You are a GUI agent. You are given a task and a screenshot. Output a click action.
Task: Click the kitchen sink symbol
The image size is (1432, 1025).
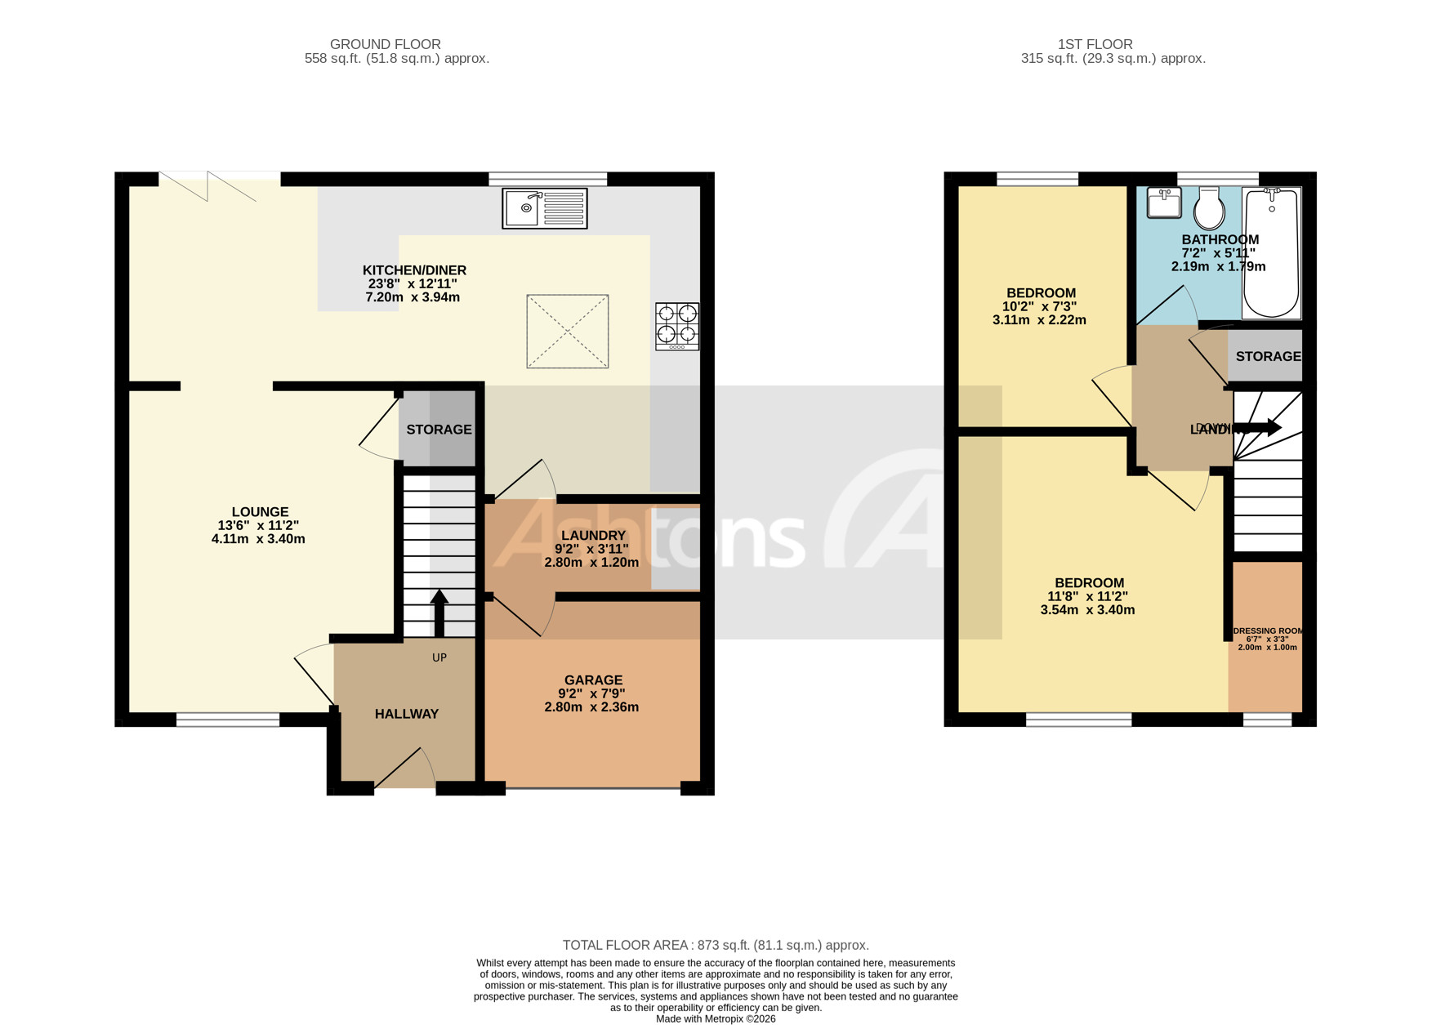click(x=544, y=208)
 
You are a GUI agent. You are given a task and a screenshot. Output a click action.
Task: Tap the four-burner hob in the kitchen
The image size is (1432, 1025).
click(x=677, y=327)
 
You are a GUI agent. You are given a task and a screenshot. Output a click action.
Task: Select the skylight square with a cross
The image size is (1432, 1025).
click(x=567, y=331)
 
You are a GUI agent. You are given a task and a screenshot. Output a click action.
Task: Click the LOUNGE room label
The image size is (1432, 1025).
click(x=260, y=512)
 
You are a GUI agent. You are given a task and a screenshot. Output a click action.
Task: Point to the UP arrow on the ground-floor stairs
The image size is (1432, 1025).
click(x=439, y=613)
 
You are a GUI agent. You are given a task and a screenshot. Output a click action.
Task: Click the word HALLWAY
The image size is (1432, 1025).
click(x=407, y=714)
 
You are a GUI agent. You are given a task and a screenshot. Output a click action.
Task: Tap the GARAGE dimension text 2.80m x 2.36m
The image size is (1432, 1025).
click(x=591, y=707)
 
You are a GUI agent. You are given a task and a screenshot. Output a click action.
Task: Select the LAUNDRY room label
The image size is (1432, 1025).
click(x=593, y=536)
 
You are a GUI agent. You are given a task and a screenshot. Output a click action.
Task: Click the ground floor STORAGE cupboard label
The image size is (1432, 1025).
click(x=439, y=430)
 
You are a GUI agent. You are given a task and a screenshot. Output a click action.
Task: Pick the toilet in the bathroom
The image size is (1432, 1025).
click(x=1209, y=209)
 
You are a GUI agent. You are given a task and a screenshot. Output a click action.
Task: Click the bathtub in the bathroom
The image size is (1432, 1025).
click(x=1271, y=253)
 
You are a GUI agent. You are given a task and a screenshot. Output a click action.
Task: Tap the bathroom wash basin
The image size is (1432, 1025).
click(x=1164, y=203)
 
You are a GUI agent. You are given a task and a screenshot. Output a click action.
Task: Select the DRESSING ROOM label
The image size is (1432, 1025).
click(x=1267, y=631)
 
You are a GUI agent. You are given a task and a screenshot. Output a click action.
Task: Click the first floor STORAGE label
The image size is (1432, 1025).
click(x=1268, y=357)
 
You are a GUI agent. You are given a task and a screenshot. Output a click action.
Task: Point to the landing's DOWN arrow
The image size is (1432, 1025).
click(x=1262, y=427)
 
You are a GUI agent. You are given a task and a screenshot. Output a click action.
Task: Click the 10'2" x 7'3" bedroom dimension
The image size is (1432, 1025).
click(x=1039, y=307)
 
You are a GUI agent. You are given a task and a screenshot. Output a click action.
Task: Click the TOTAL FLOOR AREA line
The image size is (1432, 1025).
click(x=716, y=945)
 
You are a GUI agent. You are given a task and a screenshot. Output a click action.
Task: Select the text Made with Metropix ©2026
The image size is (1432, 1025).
click(x=716, y=1018)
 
